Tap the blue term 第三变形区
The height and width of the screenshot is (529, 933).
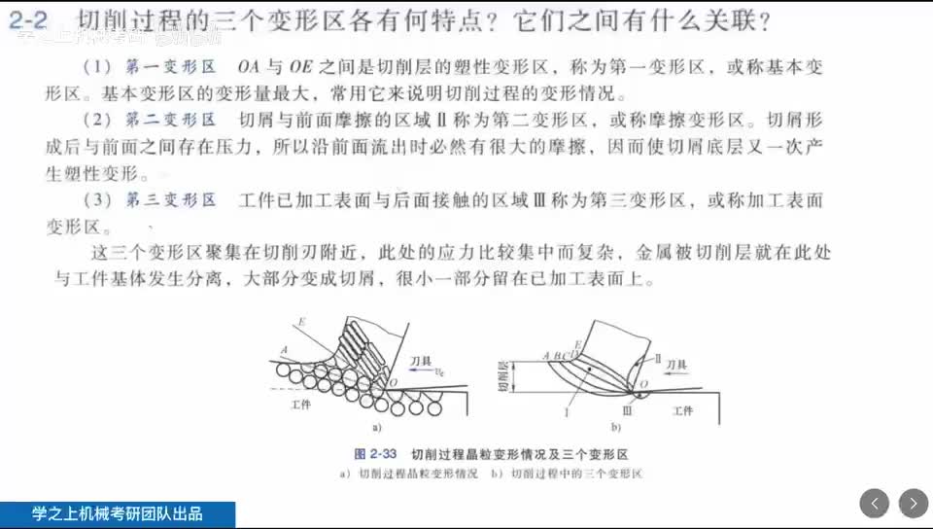point(170,200)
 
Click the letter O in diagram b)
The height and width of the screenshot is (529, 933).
point(642,387)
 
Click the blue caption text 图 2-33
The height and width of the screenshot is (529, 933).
point(373,453)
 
